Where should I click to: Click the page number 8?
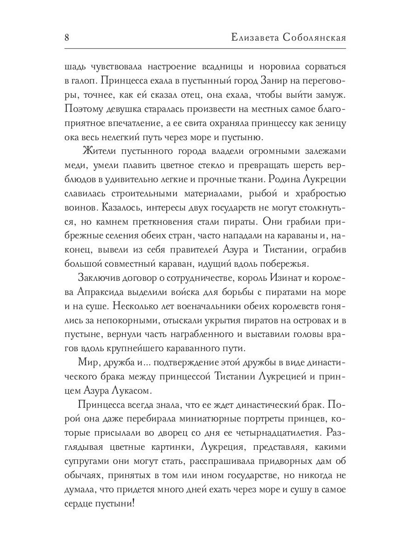[x=67, y=37]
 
